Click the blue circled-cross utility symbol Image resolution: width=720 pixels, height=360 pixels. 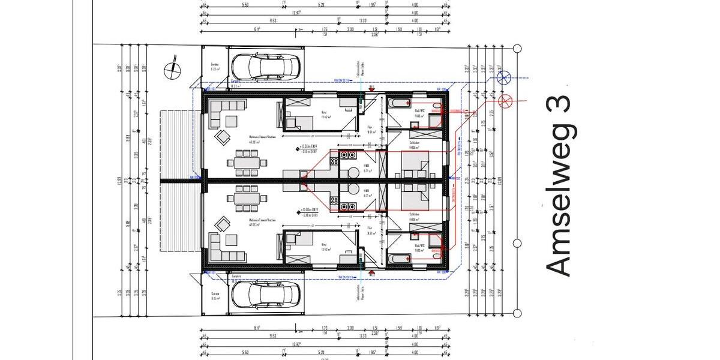coord(505,76)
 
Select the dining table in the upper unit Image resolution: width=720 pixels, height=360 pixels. coord(247,162)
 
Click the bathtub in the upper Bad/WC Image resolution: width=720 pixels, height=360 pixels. coord(398,103)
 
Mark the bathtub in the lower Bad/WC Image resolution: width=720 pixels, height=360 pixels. coord(398,258)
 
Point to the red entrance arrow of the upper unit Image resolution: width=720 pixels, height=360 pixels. coord(371,88)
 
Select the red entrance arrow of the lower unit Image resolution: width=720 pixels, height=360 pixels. coord(371,273)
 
